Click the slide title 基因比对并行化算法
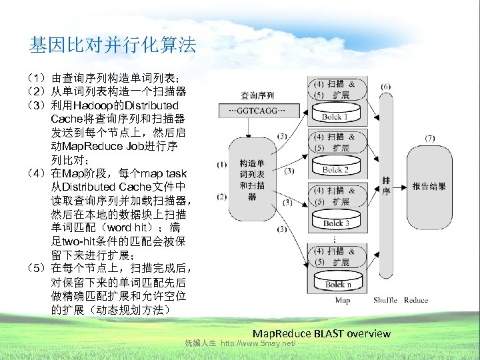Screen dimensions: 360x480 113,45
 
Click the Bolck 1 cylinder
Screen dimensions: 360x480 336,115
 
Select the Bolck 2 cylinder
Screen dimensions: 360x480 336,167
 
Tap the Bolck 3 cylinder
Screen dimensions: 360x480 336,221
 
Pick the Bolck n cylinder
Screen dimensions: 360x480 336,282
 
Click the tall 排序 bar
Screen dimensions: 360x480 387,186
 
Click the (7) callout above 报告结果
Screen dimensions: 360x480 430,138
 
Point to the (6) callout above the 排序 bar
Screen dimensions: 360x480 387,86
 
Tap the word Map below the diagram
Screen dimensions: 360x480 343,301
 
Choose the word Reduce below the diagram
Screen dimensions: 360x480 416,301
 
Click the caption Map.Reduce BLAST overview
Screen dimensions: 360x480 321,333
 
